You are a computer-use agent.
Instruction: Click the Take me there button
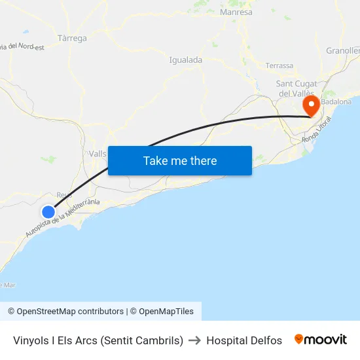(180, 160)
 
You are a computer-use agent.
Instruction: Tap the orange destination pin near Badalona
(310, 105)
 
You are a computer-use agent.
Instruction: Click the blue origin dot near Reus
(48, 211)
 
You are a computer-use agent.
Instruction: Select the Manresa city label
(236, 12)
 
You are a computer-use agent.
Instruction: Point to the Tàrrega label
(72, 38)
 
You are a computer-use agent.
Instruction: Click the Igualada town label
(185, 60)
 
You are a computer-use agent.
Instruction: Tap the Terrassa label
(279, 65)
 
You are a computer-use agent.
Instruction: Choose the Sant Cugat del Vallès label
(297, 88)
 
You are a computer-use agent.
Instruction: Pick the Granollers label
(343, 50)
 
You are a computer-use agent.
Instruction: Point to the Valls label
(94, 153)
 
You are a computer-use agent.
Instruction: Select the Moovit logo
(321, 340)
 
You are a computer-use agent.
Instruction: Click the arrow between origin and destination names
(195, 340)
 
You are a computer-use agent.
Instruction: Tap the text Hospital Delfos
(244, 340)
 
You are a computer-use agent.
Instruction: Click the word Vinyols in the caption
(30, 340)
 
